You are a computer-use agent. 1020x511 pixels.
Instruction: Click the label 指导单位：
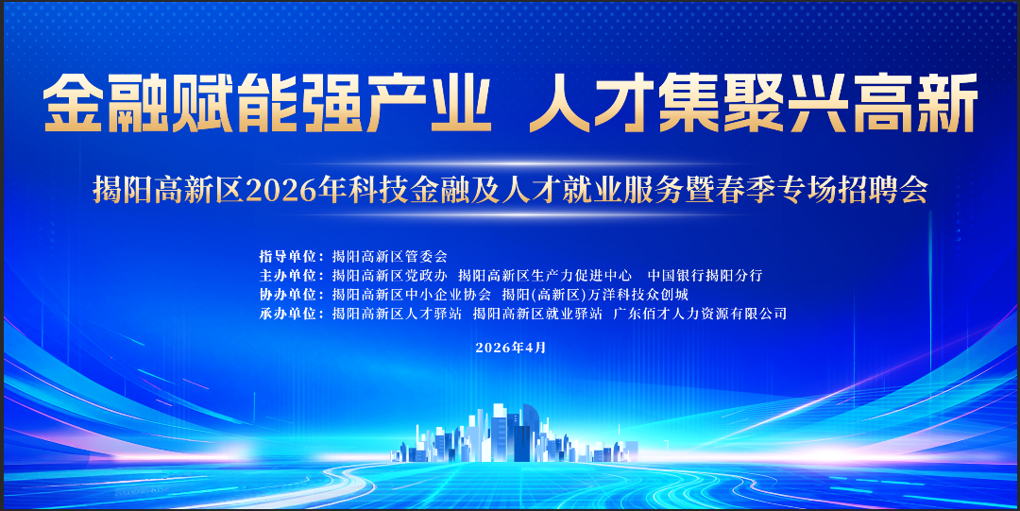click(x=290, y=256)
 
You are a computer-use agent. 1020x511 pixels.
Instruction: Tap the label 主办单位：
click(x=290, y=276)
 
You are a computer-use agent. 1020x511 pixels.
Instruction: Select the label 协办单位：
click(x=290, y=295)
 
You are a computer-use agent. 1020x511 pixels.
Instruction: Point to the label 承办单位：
click(x=290, y=314)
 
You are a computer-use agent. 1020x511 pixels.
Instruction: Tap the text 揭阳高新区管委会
click(x=389, y=256)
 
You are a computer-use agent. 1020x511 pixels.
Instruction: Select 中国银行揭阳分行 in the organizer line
click(x=705, y=276)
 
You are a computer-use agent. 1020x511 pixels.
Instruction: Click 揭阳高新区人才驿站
click(x=397, y=314)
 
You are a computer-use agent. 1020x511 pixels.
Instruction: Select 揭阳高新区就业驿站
click(x=537, y=314)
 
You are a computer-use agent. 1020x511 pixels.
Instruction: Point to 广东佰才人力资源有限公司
click(x=700, y=314)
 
